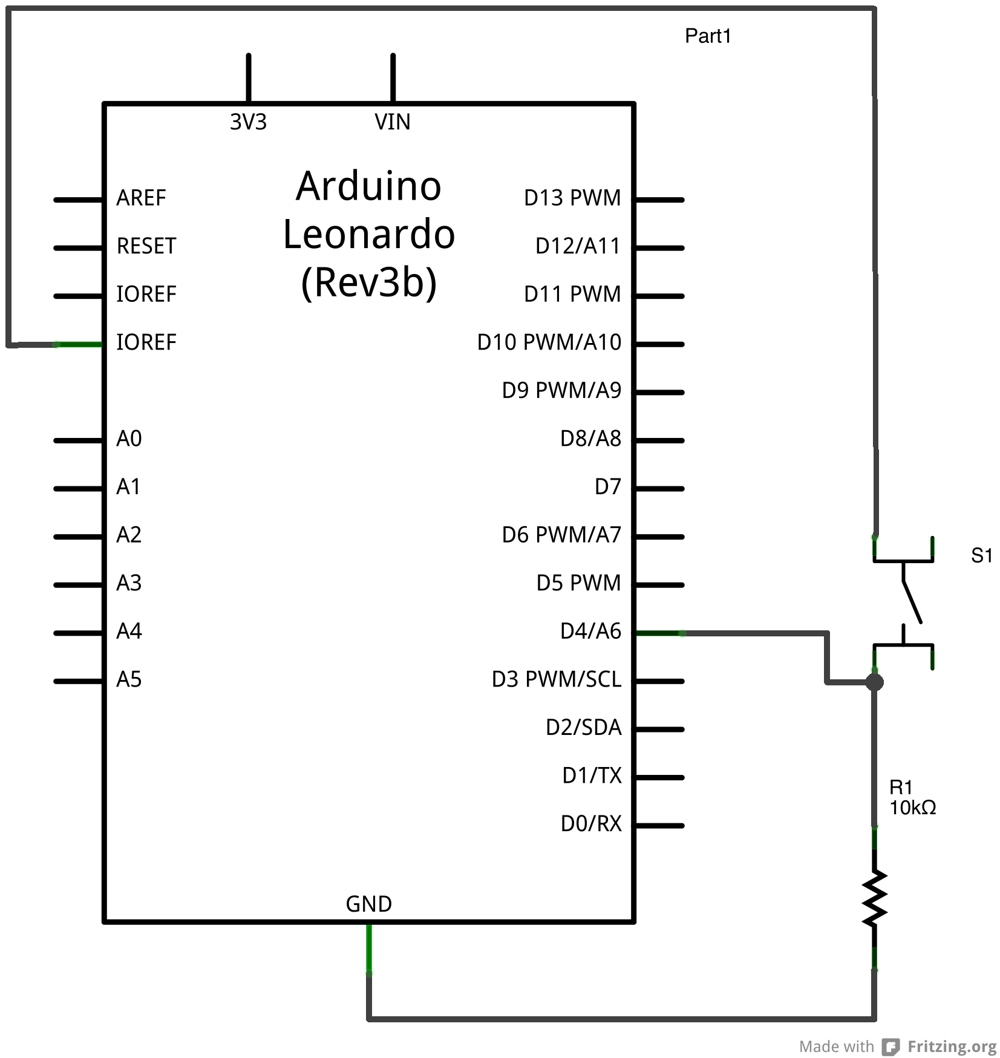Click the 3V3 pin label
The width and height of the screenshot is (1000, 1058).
[248, 122]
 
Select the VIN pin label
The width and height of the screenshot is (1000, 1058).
[392, 122]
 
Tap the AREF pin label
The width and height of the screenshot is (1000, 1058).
[141, 198]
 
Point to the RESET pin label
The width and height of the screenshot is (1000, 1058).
[146, 246]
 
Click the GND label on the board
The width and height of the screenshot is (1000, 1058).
[368, 904]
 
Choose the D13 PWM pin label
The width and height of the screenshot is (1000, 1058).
[572, 198]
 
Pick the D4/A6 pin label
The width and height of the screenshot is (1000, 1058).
[590, 631]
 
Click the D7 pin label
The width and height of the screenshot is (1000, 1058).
[607, 486]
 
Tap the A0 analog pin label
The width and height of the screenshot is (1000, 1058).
[129, 439]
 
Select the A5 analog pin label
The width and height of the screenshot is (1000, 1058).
[129, 679]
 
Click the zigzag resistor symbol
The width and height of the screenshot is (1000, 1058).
[874, 898]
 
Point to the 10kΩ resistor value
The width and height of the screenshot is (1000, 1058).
[912, 808]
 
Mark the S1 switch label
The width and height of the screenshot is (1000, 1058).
[981, 555]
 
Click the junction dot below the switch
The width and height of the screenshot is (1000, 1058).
[874, 682]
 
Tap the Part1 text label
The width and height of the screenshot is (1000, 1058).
[708, 36]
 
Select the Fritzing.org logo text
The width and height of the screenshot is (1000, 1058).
[952, 1047]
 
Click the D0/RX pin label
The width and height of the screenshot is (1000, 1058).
[591, 824]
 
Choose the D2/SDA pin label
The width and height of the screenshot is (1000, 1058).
[583, 727]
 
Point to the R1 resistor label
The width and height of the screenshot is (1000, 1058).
[900, 788]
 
